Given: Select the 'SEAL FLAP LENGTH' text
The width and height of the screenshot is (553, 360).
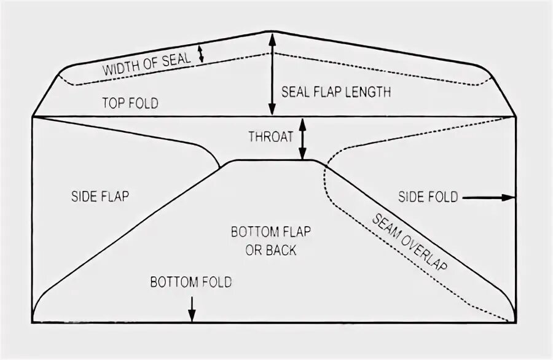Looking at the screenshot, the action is (336, 92).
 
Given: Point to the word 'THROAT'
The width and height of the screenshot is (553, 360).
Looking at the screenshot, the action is (270, 136).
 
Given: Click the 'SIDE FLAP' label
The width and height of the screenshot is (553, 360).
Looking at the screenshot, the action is (101, 197).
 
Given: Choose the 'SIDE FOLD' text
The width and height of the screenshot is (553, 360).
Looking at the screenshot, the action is (428, 197).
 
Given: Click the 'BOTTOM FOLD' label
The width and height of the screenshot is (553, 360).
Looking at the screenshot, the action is (191, 283).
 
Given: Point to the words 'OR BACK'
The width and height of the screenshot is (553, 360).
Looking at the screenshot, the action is (271, 250).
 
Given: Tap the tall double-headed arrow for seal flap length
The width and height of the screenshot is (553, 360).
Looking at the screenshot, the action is (273, 74).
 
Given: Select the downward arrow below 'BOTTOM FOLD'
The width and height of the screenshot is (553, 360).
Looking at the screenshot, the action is (192, 308).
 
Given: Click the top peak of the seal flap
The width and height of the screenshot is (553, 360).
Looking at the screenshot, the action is (273, 32).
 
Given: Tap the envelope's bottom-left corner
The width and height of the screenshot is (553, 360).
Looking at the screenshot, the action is (33, 323).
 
